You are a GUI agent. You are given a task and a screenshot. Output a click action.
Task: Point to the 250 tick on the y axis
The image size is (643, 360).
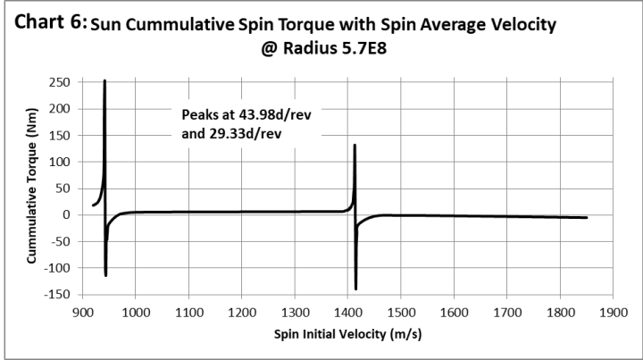pyautogui.click(x=60, y=82)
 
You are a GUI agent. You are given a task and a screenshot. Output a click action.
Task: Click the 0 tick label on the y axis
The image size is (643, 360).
pyautogui.click(x=66, y=215)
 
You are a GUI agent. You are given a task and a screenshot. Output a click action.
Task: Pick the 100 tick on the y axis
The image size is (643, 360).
pyautogui.click(x=60, y=162)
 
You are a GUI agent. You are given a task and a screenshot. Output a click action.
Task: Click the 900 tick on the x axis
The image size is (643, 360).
pyautogui.click(x=82, y=313)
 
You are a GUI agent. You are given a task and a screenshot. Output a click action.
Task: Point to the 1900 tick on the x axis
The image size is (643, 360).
pyautogui.click(x=613, y=313)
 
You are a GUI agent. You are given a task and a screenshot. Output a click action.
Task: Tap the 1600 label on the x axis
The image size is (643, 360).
pyautogui.click(x=454, y=313)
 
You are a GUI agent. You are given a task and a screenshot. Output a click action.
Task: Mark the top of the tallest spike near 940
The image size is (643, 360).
pyautogui.click(x=104, y=81)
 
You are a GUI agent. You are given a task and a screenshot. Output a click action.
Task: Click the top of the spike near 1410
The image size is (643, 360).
pyautogui.click(x=355, y=145)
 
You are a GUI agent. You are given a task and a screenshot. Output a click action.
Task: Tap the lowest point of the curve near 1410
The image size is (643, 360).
pyautogui.click(x=355, y=289)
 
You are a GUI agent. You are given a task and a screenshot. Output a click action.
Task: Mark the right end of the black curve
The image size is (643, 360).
pyautogui.click(x=587, y=217)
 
